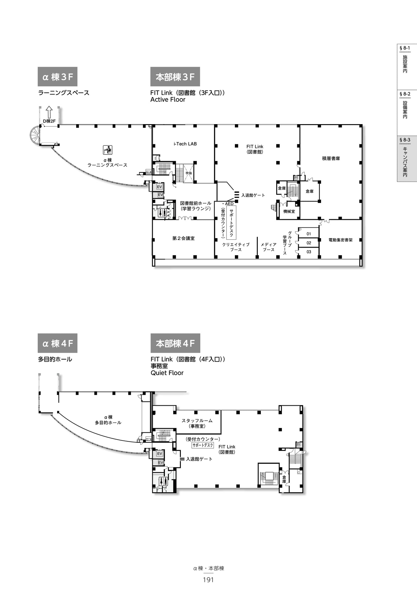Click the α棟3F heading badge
tap(57, 77)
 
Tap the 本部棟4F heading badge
tap(175, 343)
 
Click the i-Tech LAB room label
tap(185, 144)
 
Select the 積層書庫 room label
tap(331, 158)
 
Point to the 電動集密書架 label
tap(340, 240)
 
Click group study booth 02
tap(309, 243)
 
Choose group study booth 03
tap(309, 252)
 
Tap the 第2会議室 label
tap(184, 238)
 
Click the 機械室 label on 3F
tap(289, 212)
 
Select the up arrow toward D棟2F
tap(49, 112)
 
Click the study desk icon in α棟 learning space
tap(107, 150)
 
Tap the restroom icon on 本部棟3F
tap(162, 213)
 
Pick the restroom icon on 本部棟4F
tap(163, 481)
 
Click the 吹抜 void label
tap(189, 173)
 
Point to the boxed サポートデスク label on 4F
tap(203, 445)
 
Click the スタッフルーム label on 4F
tap(197, 421)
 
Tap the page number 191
tap(208, 580)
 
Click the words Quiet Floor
tap(167, 373)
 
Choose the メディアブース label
tap(269, 247)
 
